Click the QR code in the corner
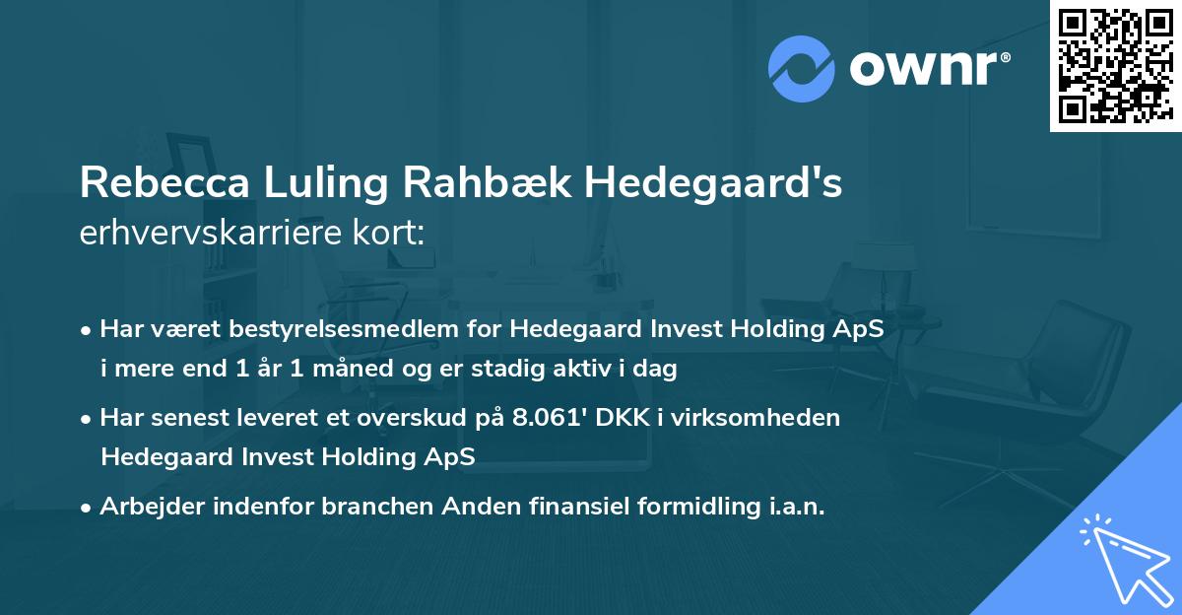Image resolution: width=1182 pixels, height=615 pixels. point(1115,66)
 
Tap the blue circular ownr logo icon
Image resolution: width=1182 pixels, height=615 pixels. point(802,68)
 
